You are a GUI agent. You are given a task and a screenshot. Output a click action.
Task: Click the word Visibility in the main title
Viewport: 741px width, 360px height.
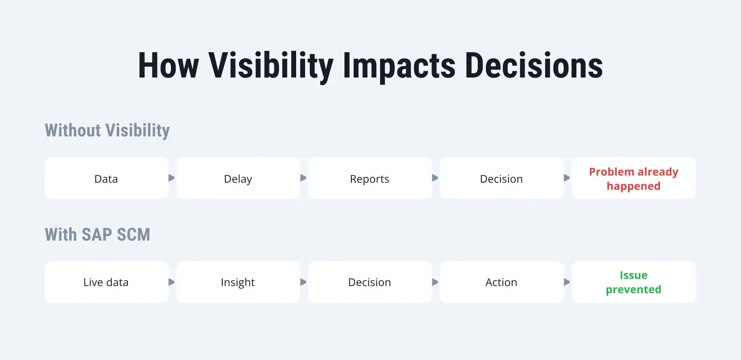tap(271, 66)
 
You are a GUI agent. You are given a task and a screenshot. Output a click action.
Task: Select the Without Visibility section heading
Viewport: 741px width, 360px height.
tap(107, 131)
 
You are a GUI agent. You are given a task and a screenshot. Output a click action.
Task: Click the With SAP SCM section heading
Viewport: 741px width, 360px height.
tap(97, 235)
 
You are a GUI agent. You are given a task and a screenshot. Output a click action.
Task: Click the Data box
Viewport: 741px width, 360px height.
tap(106, 178)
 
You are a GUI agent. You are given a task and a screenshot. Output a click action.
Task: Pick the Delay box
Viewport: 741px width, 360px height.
tap(238, 178)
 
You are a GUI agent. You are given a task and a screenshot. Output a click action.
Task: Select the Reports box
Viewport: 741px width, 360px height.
tap(370, 178)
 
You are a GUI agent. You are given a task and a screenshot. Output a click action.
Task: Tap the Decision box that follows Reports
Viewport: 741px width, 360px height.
tap(501, 178)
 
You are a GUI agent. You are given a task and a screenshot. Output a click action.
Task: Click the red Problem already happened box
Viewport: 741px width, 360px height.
tap(634, 178)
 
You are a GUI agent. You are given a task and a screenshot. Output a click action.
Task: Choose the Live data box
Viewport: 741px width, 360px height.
tap(106, 282)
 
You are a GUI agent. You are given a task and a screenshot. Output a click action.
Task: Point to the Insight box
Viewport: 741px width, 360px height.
tap(238, 282)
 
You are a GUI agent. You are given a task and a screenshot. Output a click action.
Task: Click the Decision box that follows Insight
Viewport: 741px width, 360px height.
tap(370, 282)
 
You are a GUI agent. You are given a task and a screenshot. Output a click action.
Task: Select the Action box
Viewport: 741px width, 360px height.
tap(501, 282)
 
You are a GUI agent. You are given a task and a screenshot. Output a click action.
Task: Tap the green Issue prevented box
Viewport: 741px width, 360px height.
tap(634, 282)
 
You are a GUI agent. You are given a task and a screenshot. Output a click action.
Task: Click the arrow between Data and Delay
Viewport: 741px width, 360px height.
tap(171, 178)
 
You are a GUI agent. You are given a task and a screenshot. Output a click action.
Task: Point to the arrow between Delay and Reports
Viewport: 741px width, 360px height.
tap(303, 178)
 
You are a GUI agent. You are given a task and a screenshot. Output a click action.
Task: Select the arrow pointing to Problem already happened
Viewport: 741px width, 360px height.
tap(567, 178)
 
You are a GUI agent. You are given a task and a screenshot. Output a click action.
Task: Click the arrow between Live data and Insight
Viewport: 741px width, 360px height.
tap(171, 282)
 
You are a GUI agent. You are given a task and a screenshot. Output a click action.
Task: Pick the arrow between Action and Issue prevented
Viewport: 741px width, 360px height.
tap(567, 282)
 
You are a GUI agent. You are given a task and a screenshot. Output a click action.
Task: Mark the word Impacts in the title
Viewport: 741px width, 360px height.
tap(399, 66)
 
